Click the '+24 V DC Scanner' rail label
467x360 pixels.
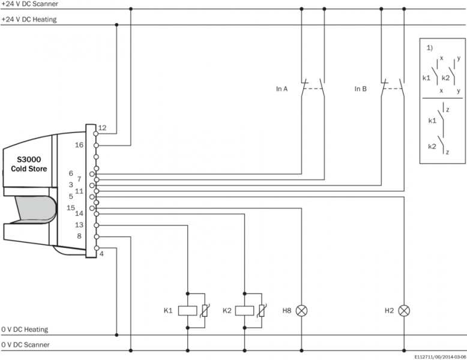click(29, 4)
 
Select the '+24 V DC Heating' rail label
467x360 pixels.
click(29, 19)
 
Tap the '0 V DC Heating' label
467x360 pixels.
click(25, 329)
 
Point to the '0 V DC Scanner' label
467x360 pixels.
click(25, 344)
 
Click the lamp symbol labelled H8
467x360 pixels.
click(302, 311)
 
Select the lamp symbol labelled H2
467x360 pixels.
click(405, 311)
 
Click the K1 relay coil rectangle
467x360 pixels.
click(188, 311)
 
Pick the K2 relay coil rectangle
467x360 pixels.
click(245, 311)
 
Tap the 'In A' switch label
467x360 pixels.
click(282, 89)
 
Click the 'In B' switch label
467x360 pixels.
click(360, 89)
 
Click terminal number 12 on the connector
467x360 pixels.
click(102, 128)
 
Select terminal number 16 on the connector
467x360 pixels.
click(79, 145)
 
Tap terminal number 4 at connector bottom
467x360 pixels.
click(101, 253)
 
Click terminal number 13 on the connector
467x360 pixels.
click(79, 224)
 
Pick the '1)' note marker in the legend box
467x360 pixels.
click(429, 47)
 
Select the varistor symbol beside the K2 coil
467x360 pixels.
click(261, 311)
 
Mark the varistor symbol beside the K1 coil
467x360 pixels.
click(205, 311)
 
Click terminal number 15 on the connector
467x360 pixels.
click(70, 208)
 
